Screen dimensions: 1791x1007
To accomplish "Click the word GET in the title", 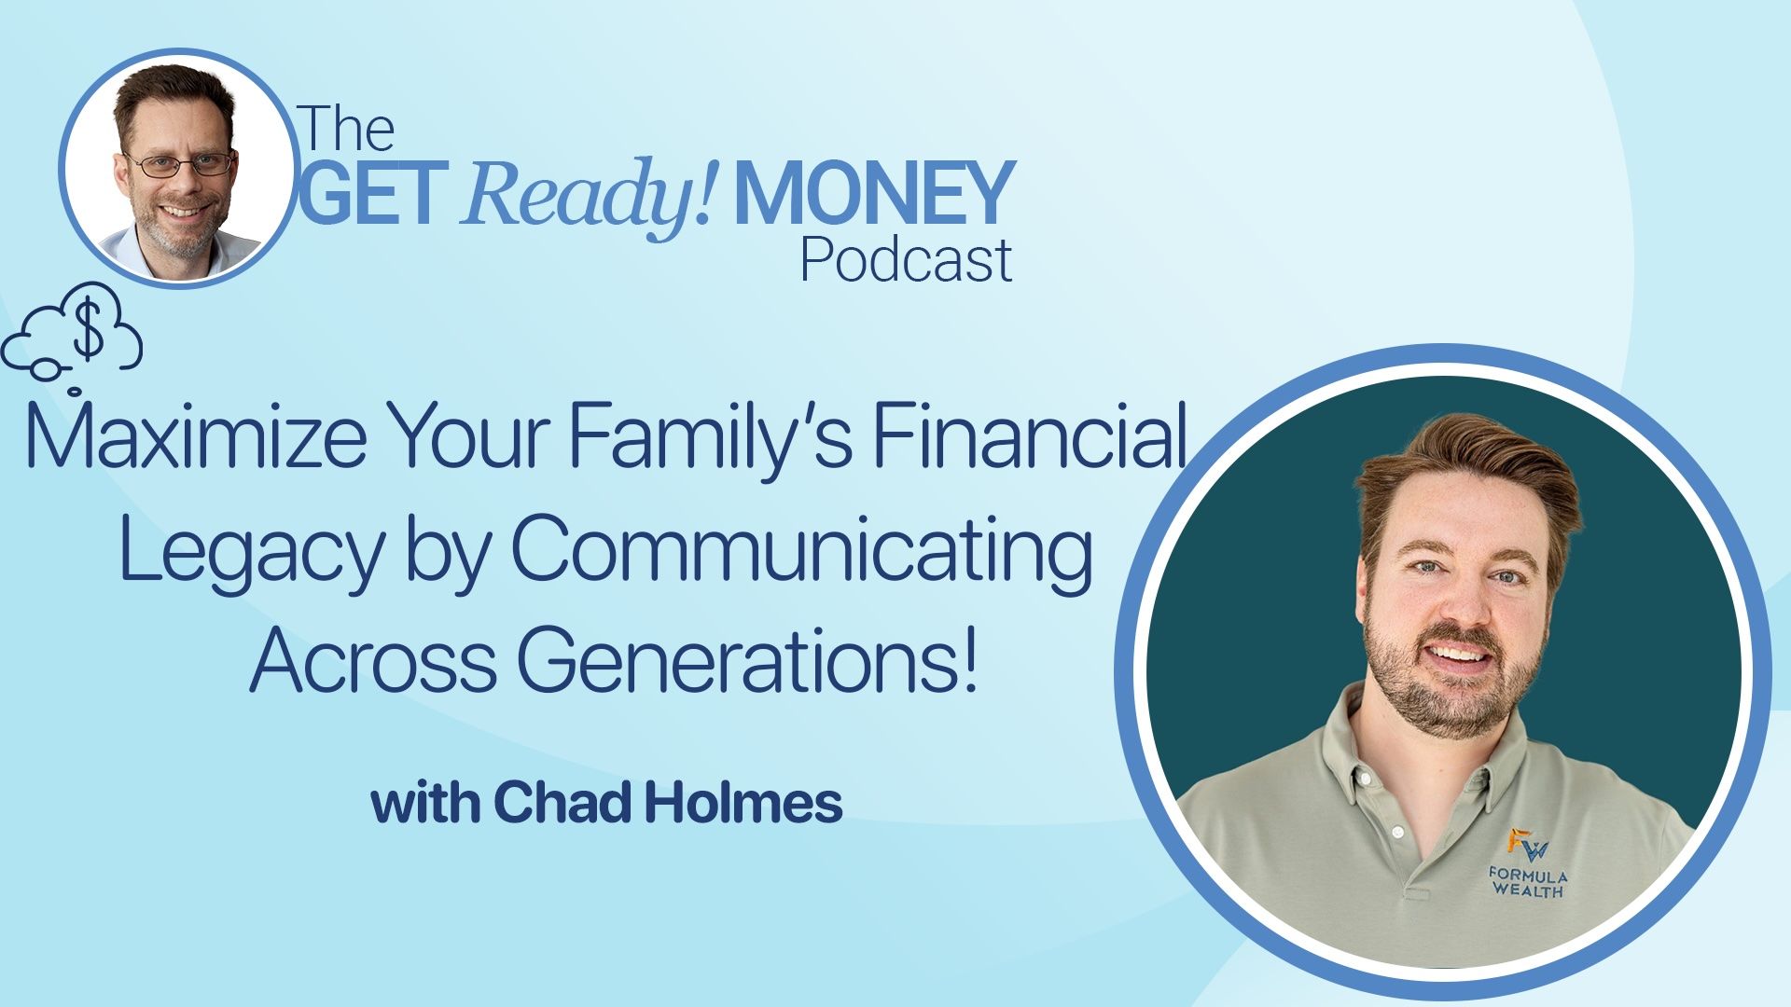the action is pos(368,193).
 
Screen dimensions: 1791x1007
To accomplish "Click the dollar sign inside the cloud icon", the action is pos(89,334).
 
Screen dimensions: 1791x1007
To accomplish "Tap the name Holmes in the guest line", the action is pos(743,803).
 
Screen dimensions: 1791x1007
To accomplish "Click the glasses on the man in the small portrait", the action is pos(179,165).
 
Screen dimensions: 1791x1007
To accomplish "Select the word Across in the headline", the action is pos(373,659).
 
